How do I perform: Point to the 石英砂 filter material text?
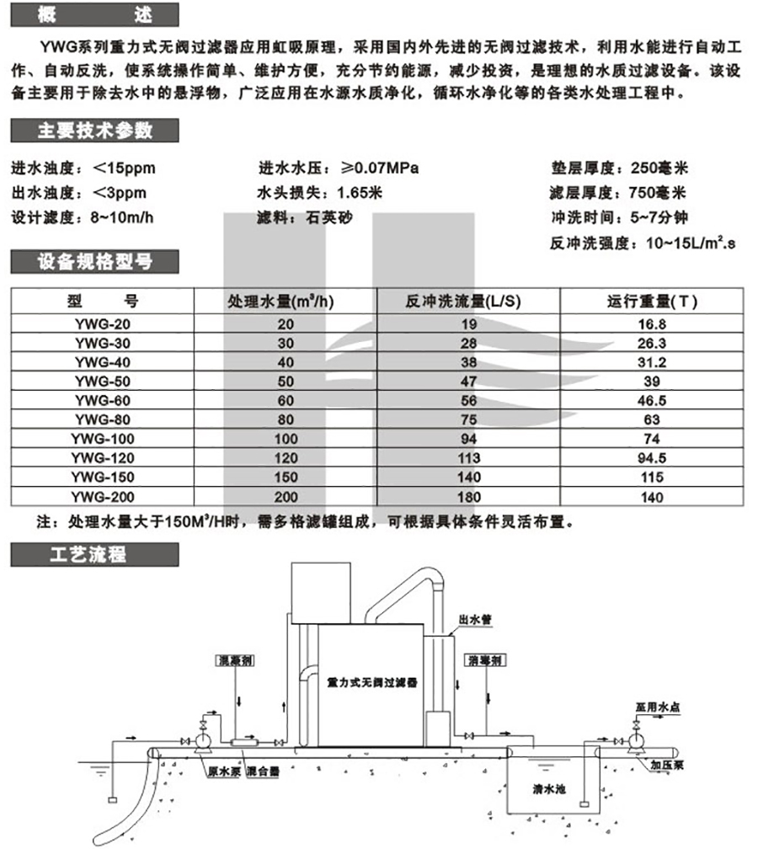(320, 217)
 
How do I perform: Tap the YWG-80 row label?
(103, 419)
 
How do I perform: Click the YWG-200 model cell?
(103, 497)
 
